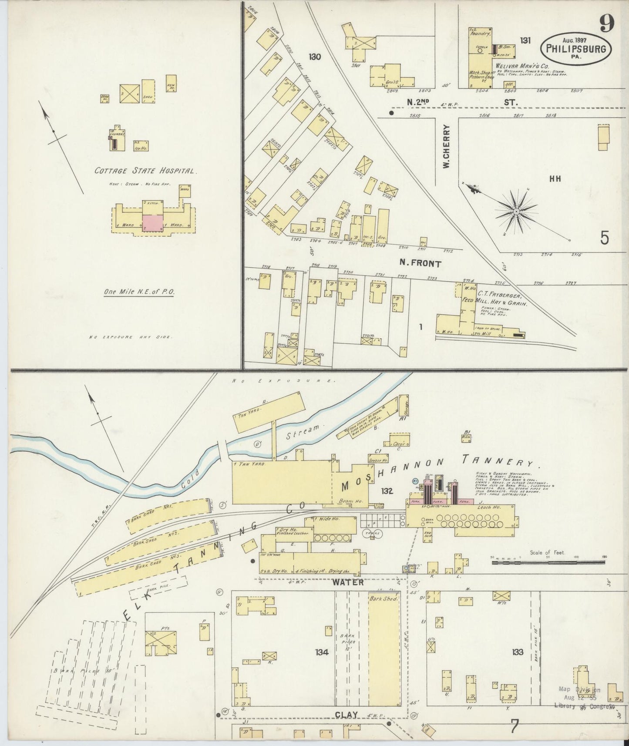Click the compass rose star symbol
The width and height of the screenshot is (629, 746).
point(516,212)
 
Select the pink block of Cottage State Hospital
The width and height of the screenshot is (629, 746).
point(153,222)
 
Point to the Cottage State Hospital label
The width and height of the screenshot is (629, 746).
point(146,171)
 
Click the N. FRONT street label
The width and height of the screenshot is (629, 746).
point(420,263)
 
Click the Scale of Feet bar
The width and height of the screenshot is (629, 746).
point(548,563)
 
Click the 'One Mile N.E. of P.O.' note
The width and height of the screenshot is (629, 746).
point(139,292)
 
